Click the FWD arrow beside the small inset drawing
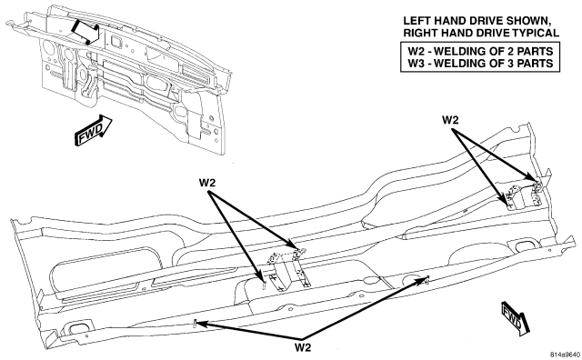94,130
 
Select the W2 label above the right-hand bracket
450,120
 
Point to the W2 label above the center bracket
207,183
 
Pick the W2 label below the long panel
303,347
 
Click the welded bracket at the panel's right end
524,195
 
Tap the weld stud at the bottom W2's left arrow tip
195,324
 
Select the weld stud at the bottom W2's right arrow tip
426,279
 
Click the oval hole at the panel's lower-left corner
78,327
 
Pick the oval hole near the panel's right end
524,245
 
